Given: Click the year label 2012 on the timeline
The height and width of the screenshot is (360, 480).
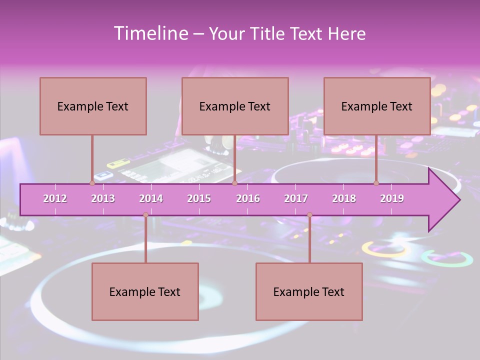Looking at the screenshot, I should pos(55,198).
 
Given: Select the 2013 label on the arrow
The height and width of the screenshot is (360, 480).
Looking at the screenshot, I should pos(103,198).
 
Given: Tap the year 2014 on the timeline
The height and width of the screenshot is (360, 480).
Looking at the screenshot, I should pos(151,198).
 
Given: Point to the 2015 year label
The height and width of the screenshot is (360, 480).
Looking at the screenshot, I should pos(199,198).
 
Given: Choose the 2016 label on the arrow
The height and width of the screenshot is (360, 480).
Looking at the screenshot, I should pos(248,198).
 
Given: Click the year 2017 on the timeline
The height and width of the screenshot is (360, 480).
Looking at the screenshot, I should pos(296,198).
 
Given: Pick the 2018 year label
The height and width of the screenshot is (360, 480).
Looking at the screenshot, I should pos(344,198).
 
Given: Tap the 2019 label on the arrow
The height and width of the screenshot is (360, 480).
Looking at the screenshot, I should pos(392,198).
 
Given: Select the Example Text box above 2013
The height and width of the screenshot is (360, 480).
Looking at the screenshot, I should pos(93,106).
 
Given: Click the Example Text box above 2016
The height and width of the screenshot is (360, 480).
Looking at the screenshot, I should pos(235,106).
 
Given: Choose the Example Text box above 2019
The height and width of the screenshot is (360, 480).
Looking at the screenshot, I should pos(377,106).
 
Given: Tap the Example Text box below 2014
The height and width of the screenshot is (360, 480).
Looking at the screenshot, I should pos(145,292).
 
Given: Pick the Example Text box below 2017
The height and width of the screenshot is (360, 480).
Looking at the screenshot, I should pos(309,292).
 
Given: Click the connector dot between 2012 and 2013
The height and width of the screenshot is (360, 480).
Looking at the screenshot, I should pos(92,183).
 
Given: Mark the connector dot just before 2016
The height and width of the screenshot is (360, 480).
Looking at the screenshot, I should pos(234,183).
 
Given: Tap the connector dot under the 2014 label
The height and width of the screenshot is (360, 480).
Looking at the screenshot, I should pos(145,215).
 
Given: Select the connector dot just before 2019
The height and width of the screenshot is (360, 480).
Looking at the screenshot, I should pos(376,183).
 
